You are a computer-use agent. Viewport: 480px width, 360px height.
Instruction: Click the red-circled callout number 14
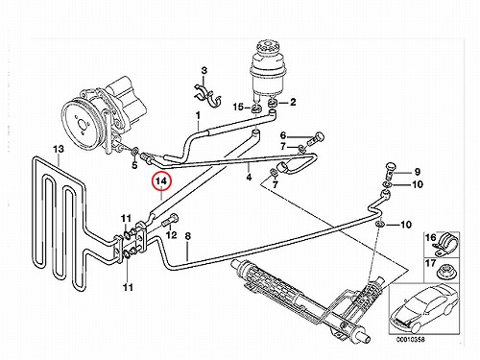(x=162, y=180)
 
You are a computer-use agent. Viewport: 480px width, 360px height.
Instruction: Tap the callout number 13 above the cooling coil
(x=59, y=149)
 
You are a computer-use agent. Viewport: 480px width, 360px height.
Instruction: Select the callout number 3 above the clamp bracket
(x=204, y=70)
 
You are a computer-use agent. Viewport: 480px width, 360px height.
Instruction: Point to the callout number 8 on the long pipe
(x=188, y=236)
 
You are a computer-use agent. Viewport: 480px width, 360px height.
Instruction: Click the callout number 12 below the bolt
(x=172, y=235)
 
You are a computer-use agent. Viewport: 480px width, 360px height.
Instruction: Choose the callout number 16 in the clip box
(x=430, y=237)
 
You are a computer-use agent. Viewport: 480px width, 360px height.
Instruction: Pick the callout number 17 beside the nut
(x=430, y=263)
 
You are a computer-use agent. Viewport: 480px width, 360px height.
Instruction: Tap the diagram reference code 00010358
(x=411, y=340)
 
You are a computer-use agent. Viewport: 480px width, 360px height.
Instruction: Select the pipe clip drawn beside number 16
(x=445, y=244)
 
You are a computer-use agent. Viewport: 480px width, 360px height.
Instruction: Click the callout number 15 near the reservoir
(x=238, y=107)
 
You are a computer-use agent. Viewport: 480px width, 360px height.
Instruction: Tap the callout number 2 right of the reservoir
(x=293, y=102)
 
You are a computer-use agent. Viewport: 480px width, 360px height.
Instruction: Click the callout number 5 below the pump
(x=134, y=165)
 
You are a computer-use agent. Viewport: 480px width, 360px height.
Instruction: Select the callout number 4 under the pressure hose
(x=249, y=177)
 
